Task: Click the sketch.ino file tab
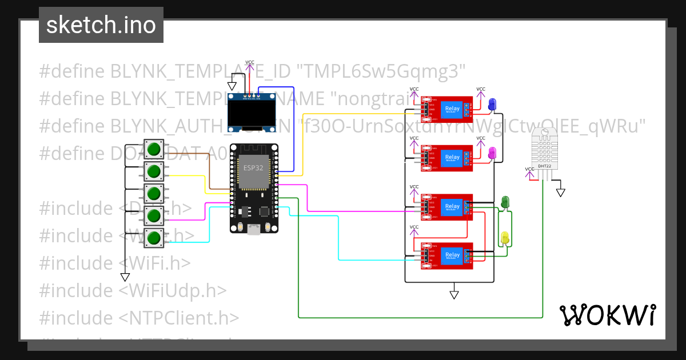pos(101,25)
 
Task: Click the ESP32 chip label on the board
pos(253,168)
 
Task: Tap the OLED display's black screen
pos(250,114)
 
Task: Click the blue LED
pos(492,103)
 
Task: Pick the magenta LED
pos(492,152)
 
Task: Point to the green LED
pos(505,202)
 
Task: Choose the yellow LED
pos(505,238)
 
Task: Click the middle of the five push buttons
pos(153,194)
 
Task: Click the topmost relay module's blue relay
pos(452,109)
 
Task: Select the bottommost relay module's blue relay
pos(452,255)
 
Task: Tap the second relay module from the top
pos(447,157)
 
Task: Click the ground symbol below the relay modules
pos(454,294)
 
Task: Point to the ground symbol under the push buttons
pos(125,277)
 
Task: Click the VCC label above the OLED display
pos(250,62)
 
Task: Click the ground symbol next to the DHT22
pos(561,193)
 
